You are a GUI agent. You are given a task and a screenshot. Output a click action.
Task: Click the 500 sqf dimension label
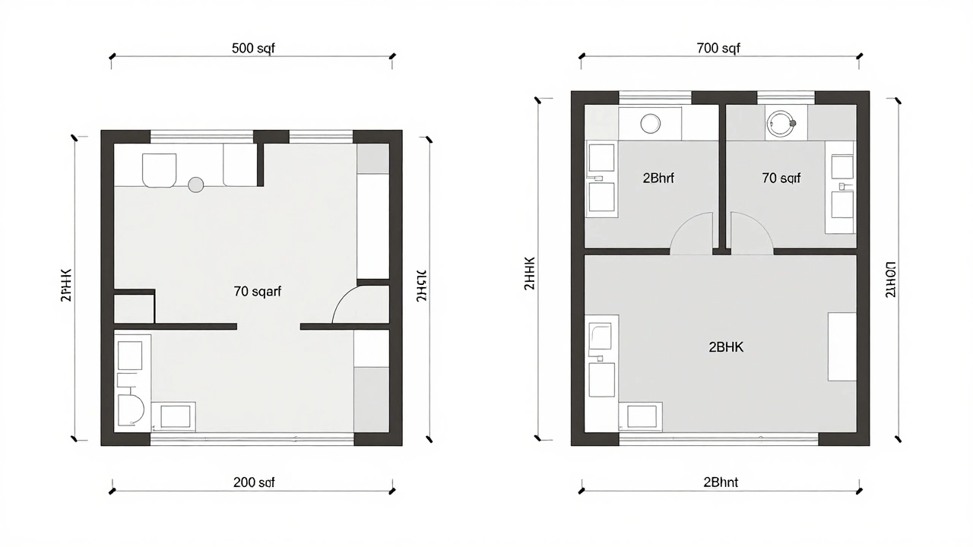[x=252, y=49]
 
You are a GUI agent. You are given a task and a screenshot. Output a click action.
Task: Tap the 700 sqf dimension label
[x=718, y=49]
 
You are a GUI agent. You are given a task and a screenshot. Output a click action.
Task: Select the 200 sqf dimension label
[x=254, y=482]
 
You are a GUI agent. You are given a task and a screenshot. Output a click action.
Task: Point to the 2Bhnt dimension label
[x=721, y=482]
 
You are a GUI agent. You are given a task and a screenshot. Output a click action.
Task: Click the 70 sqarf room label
[x=258, y=291]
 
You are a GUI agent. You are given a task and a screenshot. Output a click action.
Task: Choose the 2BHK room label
[x=726, y=347]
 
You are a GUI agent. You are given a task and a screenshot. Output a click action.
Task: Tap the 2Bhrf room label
[x=658, y=179]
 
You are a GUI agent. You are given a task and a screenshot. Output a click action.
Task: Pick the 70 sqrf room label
[x=781, y=179]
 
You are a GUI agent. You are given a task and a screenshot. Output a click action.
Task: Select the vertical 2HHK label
[x=530, y=274]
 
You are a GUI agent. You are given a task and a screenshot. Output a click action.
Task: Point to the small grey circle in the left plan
[x=196, y=184]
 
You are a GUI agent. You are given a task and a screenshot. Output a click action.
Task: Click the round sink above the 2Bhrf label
[x=651, y=123]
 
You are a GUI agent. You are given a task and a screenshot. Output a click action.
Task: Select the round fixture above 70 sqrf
[x=780, y=122]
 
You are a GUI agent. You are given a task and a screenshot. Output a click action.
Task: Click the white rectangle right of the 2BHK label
[x=841, y=346]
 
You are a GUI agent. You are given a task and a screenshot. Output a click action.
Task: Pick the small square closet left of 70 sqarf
[x=134, y=308]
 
